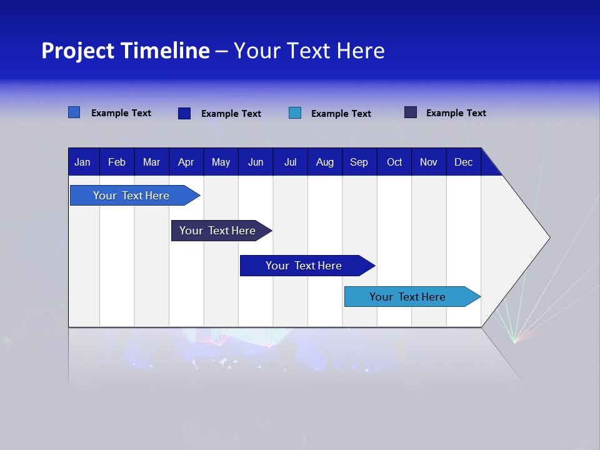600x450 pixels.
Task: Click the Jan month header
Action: click(x=82, y=162)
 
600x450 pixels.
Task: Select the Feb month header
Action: click(x=117, y=162)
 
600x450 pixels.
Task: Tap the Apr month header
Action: click(x=186, y=162)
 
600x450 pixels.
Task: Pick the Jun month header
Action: click(x=256, y=162)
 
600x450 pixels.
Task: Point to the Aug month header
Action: click(x=324, y=162)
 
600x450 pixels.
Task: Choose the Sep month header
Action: click(x=359, y=162)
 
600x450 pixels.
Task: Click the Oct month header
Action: click(x=394, y=162)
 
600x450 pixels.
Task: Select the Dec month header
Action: click(x=463, y=162)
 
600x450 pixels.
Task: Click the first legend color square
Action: click(x=74, y=112)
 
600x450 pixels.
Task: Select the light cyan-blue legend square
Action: click(x=295, y=113)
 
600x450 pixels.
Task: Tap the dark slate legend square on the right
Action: click(x=411, y=112)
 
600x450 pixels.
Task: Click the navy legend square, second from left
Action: click(x=184, y=113)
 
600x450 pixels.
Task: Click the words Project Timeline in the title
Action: click(x=125, y=51)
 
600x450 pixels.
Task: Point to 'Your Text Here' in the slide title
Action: click(x=309, y=51)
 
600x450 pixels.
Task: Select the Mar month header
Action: click(x=151, y=162)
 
